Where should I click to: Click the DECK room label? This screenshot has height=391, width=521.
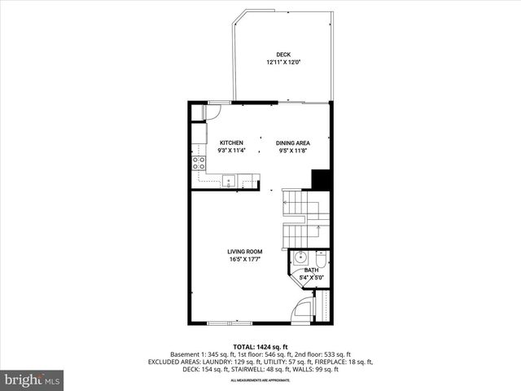click(282, 55)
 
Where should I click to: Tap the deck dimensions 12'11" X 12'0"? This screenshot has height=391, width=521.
click(282, 63)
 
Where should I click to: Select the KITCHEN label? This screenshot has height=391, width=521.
click(230, 143)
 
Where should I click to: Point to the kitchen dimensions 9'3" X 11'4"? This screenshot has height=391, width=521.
click(230, 151)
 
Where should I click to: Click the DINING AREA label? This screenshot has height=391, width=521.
click(292, 143)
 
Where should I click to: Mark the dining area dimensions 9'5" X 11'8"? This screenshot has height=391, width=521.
click(292, 151)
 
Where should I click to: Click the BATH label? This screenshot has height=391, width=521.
click(312, 270)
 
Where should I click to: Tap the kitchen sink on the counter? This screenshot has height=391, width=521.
click(230, 179)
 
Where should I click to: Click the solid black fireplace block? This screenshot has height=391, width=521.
click(321, 178)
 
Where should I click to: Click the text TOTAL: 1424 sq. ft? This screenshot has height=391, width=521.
click(260, 346)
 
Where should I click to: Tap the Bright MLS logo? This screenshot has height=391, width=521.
click(33, 380)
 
